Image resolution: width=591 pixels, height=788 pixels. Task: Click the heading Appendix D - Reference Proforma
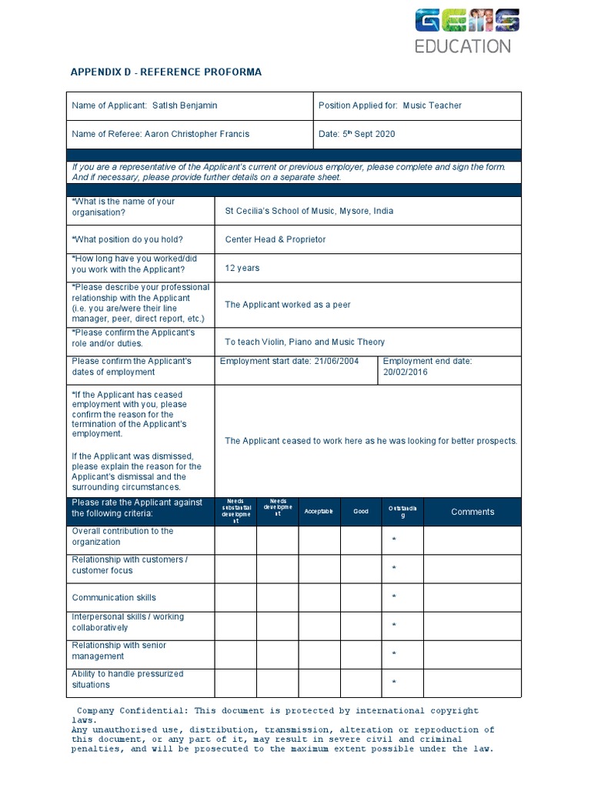coord(166,72)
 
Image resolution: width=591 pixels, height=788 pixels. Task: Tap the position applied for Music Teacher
coord(432,105)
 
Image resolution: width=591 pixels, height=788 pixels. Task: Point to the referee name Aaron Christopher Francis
coord(195,134)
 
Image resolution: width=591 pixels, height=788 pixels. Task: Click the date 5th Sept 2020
coord(369,134)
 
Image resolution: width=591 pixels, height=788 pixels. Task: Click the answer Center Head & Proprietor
coord(275,239)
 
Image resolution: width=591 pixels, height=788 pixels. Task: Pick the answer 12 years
coord(242,269)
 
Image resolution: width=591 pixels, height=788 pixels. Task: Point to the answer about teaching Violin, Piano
coord(304,342)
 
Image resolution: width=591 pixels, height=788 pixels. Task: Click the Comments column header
coord(472,512)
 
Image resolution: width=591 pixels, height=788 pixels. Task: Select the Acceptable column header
coord(319,512)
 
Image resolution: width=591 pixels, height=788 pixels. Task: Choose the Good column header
coord(361,512)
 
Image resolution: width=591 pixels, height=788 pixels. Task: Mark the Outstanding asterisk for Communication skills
coord(394,597)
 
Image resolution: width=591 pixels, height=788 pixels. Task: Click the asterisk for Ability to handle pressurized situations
coord(394,683)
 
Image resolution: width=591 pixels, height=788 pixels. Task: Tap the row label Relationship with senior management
coord(119,650)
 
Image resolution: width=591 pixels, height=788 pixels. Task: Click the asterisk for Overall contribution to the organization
coord(394,540)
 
